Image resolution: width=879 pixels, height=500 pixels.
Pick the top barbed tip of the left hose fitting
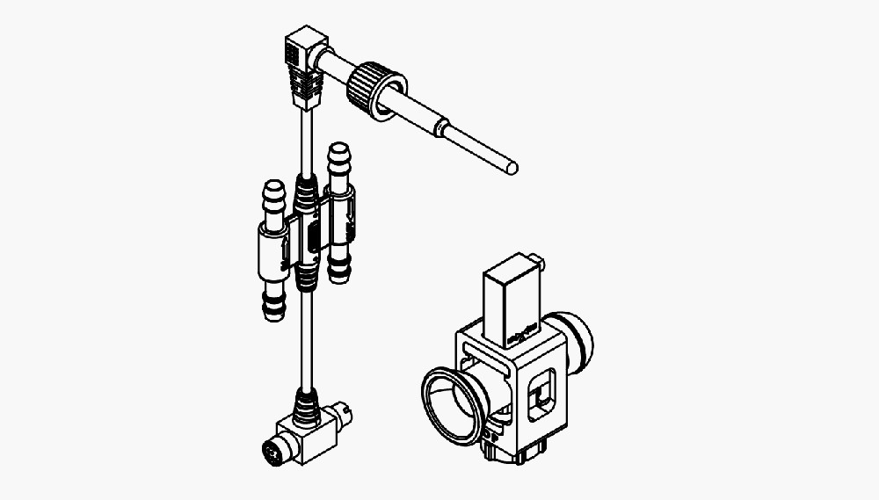point(273,192)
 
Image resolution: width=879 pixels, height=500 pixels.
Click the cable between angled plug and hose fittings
point(304,141)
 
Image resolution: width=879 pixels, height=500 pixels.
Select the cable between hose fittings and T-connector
point(306,343)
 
